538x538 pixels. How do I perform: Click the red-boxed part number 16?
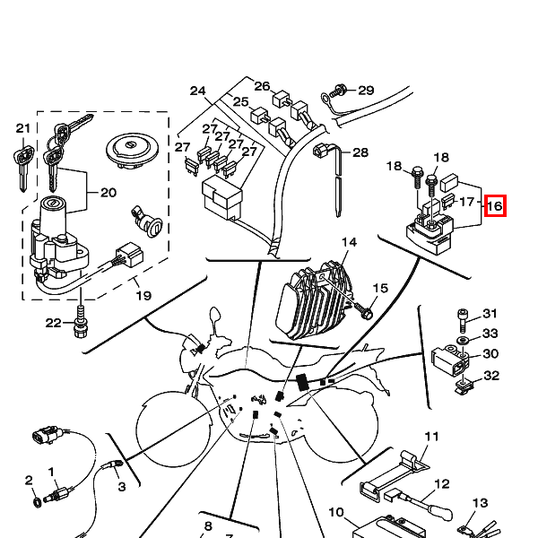[x=495, y=206]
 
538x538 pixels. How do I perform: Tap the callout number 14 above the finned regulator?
[x=349, y=243]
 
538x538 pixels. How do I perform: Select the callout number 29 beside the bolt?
[x=366, y=91]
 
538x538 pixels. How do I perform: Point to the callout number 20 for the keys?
[x=108, y=193]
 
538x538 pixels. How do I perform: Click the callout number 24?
[x=198, y=91]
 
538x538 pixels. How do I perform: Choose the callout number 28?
[x=360, y=153]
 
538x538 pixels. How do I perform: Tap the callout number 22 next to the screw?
[x=54, y=323]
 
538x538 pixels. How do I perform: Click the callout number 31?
[x=490, y=314]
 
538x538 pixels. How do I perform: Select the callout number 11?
[x=432, y=437]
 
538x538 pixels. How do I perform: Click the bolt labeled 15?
[x=366, y=312]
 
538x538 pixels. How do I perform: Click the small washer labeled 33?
[x=462, y=343]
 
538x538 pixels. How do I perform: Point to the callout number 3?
[x=122, y=486]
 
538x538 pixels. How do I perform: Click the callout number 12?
[x=441, y=485]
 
